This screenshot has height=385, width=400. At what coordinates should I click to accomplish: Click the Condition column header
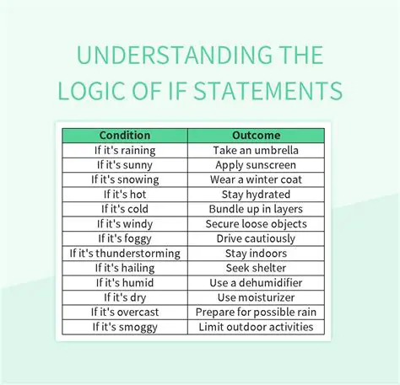125,135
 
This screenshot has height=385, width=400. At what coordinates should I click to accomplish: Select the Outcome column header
256,135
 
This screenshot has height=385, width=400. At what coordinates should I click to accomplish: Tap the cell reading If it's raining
125,150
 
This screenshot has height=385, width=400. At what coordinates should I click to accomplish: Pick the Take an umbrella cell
256,150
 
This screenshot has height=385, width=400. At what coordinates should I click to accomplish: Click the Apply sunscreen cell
256,165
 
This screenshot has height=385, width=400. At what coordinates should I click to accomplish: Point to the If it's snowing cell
125,179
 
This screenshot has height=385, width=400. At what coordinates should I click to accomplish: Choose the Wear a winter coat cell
256,179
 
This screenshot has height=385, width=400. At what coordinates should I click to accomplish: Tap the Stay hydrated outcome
256,195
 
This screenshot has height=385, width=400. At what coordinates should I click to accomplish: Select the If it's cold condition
125,209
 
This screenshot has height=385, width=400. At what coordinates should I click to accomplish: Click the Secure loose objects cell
256,224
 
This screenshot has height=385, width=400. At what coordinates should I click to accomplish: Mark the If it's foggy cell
125,238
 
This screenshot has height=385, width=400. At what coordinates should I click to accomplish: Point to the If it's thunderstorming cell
125,253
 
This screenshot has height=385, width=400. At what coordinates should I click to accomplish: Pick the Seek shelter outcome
256,268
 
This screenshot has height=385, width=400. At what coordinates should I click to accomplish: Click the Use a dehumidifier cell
256,282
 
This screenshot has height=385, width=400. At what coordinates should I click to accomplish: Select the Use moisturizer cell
256,297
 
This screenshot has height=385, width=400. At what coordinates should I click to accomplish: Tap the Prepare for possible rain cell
256,312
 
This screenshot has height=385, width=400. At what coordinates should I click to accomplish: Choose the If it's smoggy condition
125,326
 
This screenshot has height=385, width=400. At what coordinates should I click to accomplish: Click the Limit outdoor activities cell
256,326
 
